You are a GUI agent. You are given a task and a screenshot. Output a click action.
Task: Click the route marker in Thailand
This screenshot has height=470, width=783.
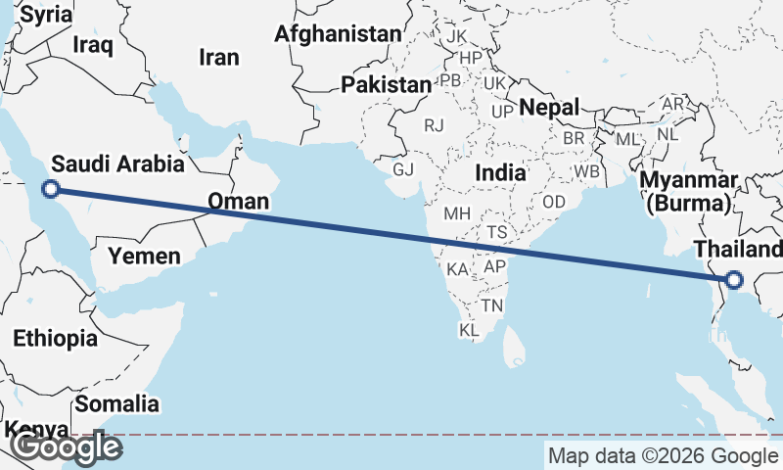tap(734, 282)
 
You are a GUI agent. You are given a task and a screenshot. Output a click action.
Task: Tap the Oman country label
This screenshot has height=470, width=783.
tap(238, 203)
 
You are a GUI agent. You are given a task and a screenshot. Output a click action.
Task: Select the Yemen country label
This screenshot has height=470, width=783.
tap(144, 257)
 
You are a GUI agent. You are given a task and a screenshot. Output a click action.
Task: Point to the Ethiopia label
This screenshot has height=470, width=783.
tap(55, 339)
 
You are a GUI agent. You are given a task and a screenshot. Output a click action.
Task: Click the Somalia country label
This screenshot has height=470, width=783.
tap(116, 403)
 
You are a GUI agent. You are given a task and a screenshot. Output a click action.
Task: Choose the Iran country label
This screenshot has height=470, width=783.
tap(218, 58)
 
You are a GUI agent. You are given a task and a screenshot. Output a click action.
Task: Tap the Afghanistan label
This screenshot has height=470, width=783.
tap(338, 34)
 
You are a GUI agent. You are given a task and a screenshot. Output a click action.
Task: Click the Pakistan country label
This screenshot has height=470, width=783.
tap(386, 85)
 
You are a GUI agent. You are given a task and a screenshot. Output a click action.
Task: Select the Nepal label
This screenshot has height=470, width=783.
tap(550, 107)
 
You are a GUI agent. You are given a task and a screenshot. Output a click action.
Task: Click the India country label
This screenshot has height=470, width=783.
tap(500, 173)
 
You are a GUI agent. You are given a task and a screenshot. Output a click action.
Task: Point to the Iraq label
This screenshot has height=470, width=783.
tap(94, 44)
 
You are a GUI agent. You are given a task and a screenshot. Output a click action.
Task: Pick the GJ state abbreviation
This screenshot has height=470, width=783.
tap(403, 169)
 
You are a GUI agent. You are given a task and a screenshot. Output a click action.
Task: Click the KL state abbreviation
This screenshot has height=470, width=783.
tap(469, 331)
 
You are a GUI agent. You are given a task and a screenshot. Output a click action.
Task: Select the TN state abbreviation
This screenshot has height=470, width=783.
tap(491, 306)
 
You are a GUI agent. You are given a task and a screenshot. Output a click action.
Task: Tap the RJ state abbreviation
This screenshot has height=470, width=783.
tap(434, 125)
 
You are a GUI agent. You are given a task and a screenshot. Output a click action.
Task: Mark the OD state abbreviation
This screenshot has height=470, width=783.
tap(554, 201)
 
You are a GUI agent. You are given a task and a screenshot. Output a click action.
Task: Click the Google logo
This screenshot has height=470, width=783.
tap(66, 447)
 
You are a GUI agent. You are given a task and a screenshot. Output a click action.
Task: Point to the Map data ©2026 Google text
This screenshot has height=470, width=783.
tap(663, 455)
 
